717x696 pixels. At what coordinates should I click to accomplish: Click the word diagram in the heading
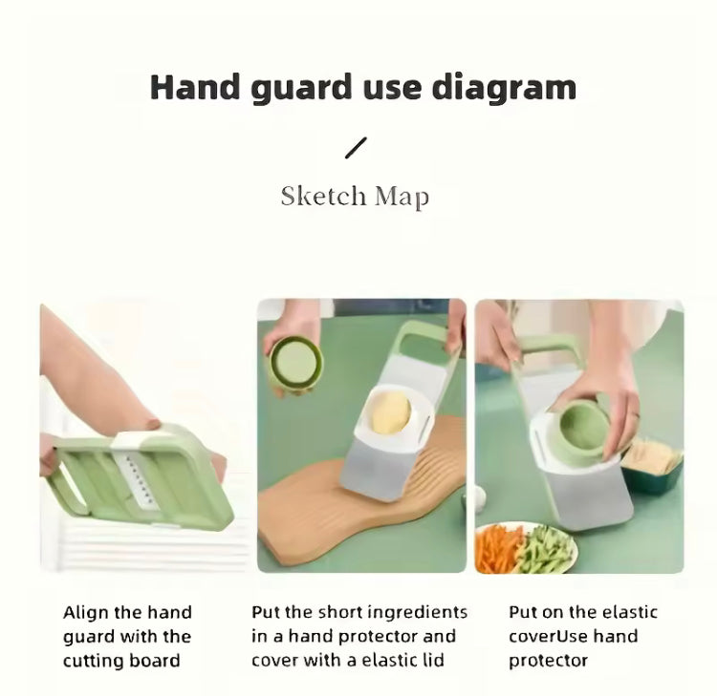coord(504,89)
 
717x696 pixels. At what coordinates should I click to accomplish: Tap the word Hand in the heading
coord(195,87)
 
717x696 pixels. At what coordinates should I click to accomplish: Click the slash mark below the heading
coord(356,148)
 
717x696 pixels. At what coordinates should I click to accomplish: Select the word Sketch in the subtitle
coord(323,196)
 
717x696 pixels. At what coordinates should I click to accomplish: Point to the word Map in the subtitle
coord(402,198)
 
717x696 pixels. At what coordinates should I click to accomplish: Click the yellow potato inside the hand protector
coord(390,412)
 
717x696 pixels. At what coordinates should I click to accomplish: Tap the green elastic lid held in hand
coord(295,362)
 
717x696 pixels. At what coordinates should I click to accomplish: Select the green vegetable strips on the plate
coord(544,549)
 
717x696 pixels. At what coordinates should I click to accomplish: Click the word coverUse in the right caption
coord(549,636)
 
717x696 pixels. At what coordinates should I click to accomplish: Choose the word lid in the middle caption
coord(432,661)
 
